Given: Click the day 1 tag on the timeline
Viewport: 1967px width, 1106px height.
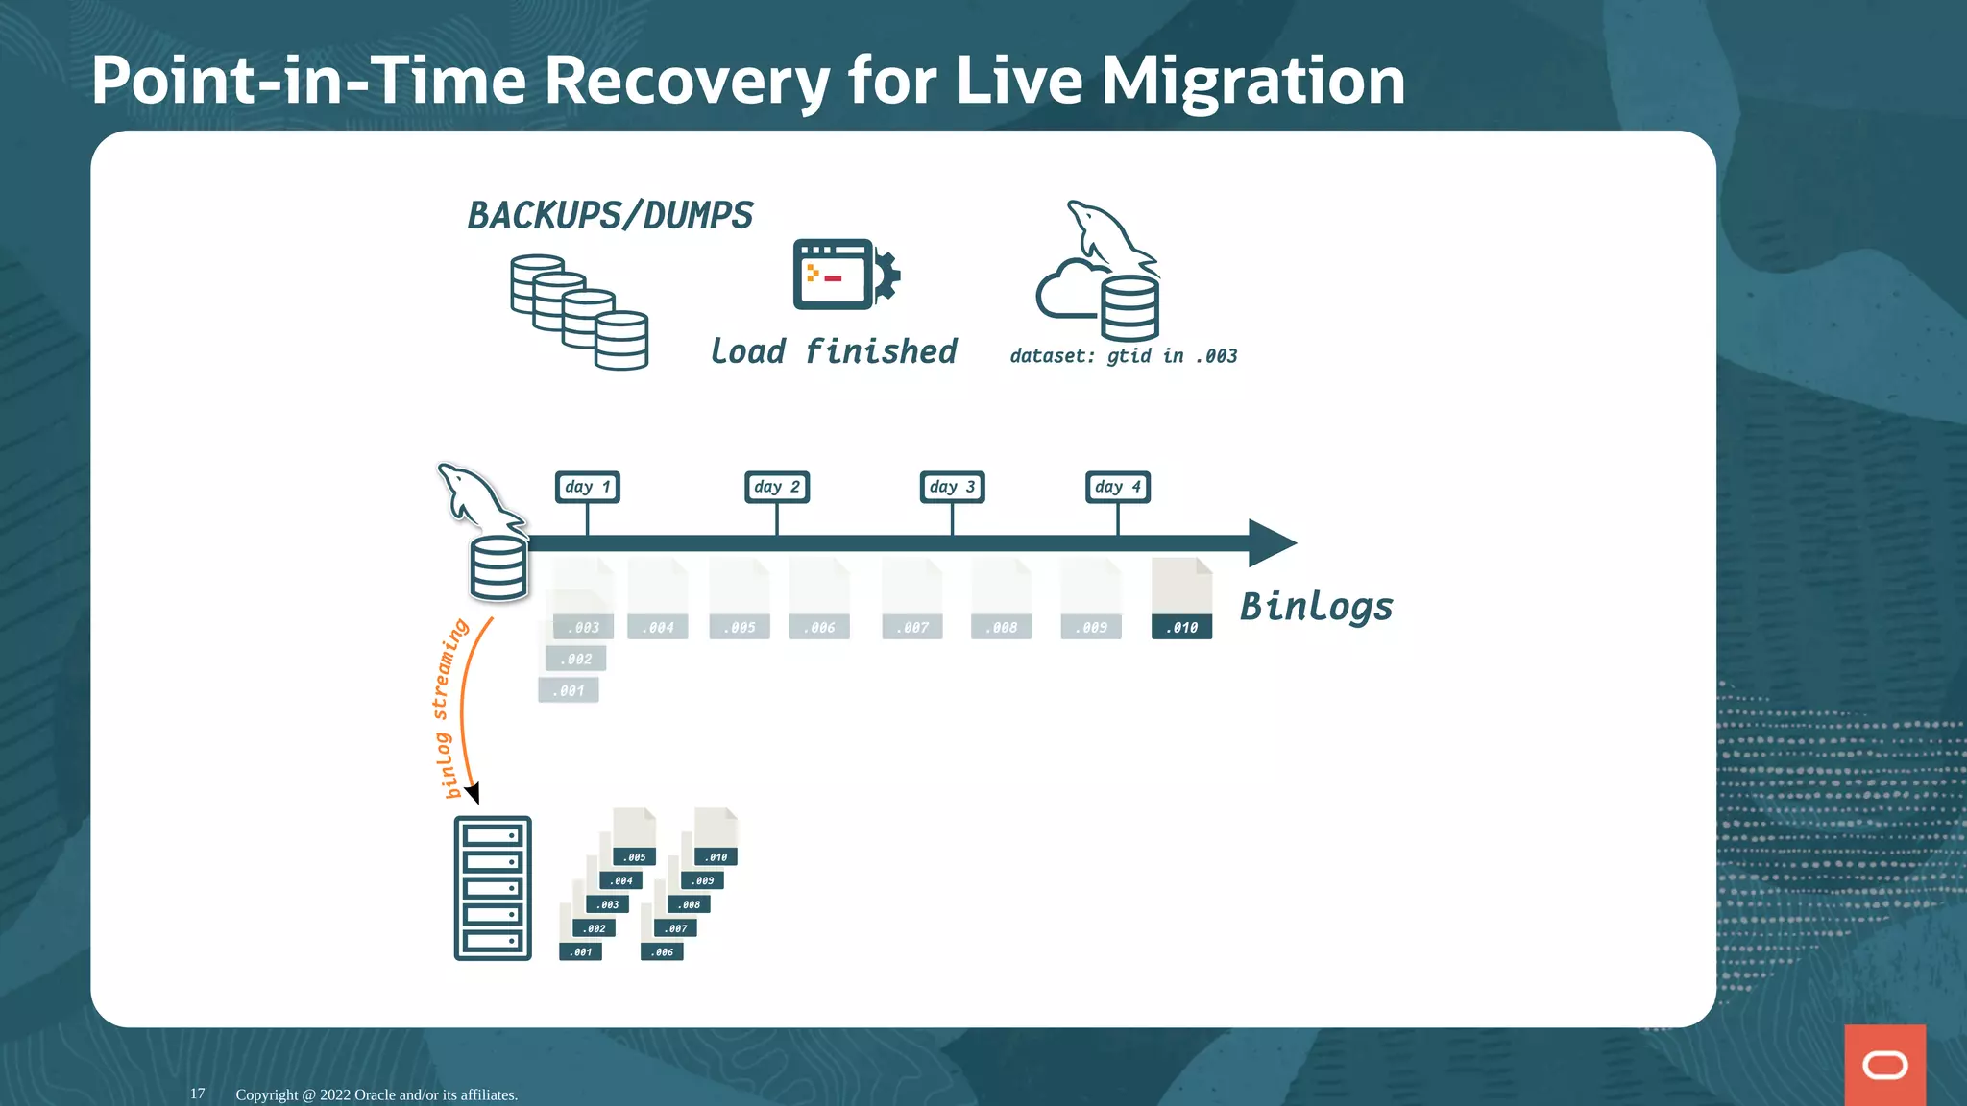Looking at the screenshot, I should (x=587, y=487).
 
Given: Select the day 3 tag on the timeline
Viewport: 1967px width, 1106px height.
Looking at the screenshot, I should (x=952, y=487).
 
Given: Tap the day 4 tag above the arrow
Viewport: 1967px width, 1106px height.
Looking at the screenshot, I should (x=1117, y=487).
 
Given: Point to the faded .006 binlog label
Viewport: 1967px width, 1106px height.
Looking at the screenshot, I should (x=819, y=627).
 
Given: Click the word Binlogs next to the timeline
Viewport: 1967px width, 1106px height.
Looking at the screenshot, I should (x=1316, y=607).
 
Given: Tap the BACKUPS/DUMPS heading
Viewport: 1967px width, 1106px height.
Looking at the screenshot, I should (x=610, y=216).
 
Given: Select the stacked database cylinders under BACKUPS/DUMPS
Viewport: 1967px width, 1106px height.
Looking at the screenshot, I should (x=579, y=312).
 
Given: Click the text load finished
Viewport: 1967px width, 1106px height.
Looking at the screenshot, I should (x=833, y=351).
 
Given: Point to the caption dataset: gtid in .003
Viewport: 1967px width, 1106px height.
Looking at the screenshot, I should (x=1123, y=356).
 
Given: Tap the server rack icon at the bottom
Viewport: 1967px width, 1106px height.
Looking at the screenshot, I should (x=492, y=888).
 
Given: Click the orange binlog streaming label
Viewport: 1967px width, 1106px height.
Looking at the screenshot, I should (x=448, y=709).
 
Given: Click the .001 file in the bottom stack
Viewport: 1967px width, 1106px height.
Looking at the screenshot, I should (x=580, y=951).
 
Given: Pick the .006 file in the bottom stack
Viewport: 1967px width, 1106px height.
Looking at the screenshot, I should (x=662, y=951).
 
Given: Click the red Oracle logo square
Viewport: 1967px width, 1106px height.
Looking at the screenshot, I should (x=1884, y=1065).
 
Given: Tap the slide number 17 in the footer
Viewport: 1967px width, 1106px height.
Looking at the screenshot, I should (x=197, y=1094).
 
